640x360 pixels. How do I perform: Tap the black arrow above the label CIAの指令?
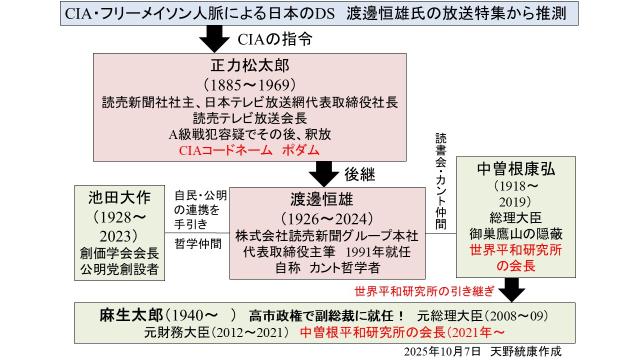[x=214, y=40]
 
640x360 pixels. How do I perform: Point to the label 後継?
[x=363, y=172]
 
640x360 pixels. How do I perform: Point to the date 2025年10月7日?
[x=450, y=352]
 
